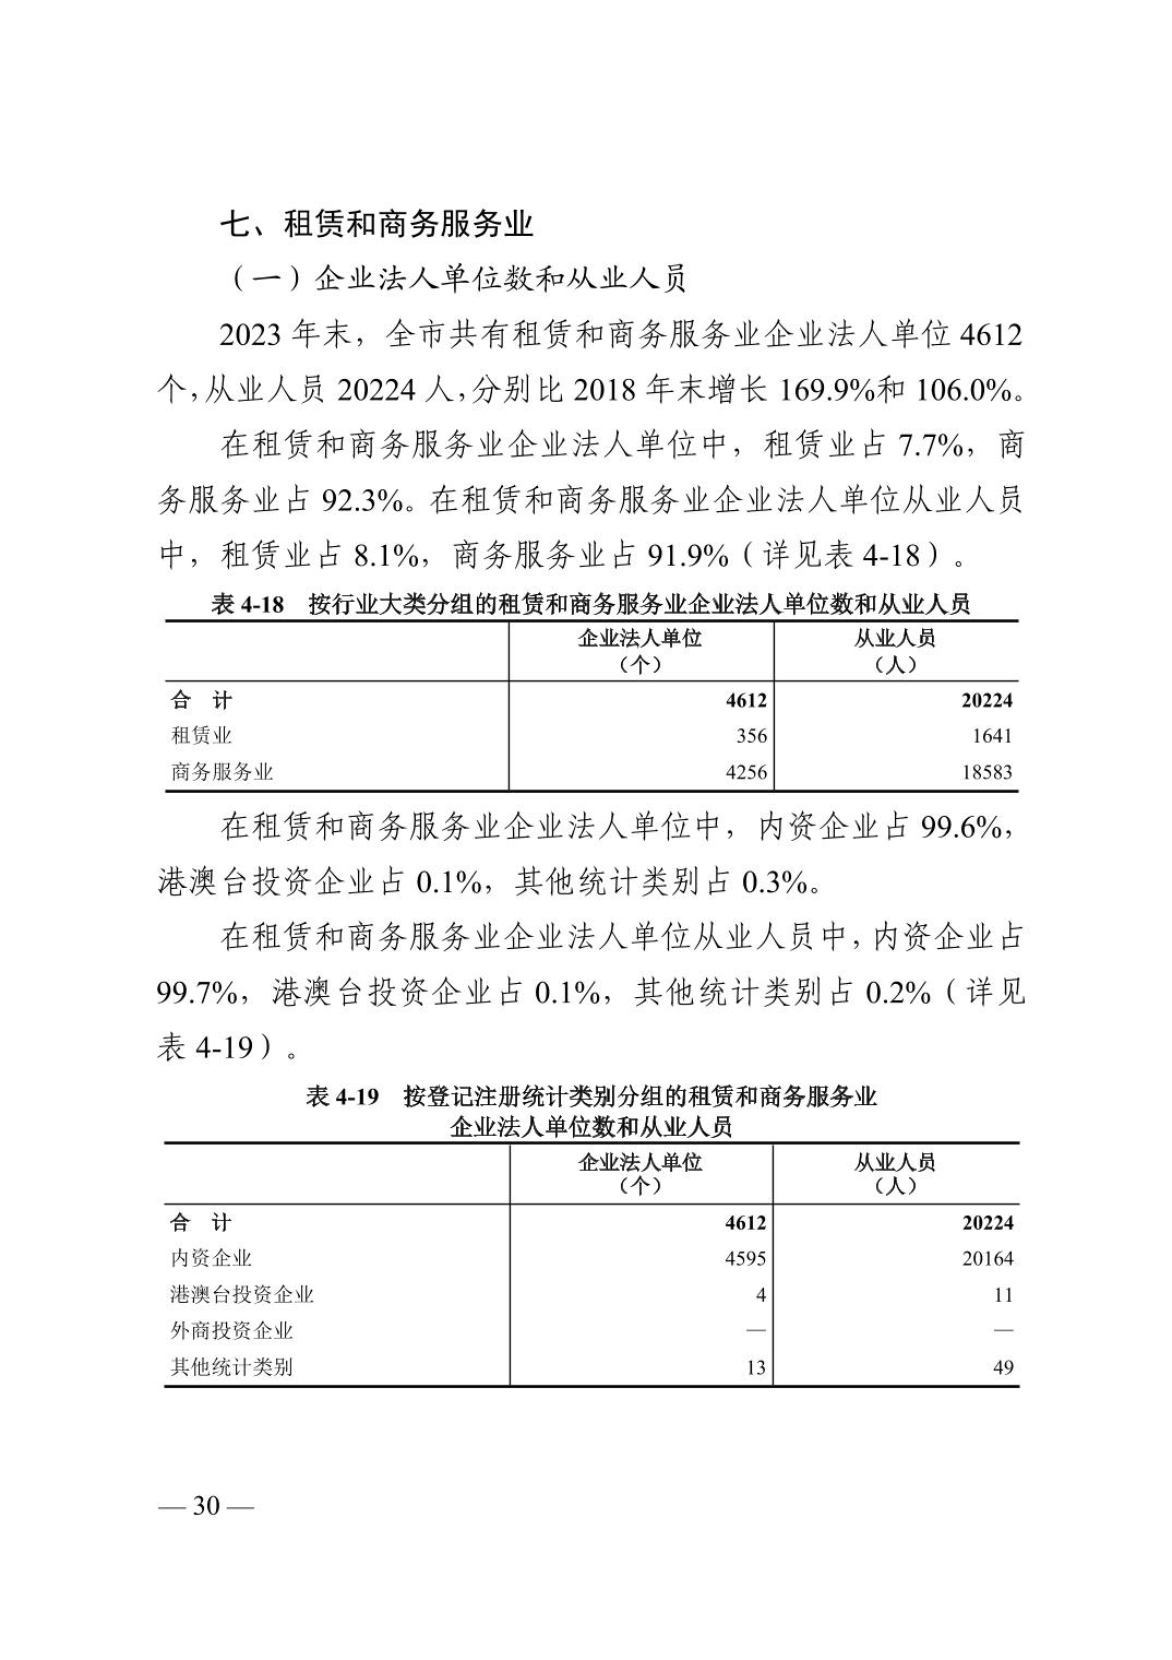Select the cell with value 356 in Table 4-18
click(x=752, y=736)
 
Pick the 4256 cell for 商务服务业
click(x=746, y=772)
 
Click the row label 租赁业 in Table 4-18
click(x=201, y=736)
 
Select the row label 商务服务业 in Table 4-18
click(x=222, y=772)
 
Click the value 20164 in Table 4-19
click(x=988, y=1259)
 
